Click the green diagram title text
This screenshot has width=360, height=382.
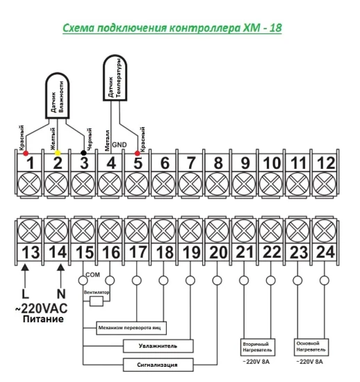coord(172,28)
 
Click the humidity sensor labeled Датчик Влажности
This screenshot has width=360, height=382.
coord(58,96)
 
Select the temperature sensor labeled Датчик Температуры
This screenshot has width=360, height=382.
coord(115,78)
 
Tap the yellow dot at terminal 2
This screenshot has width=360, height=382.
coord(58,153)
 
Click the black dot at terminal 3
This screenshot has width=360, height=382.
coord(83,153)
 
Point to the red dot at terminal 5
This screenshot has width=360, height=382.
coord(138,153)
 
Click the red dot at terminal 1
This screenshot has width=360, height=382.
coord(26,153)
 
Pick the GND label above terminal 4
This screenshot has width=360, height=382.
coord(119,144)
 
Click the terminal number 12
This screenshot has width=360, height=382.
coord(326,163)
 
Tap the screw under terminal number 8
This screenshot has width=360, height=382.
coord(217,184)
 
